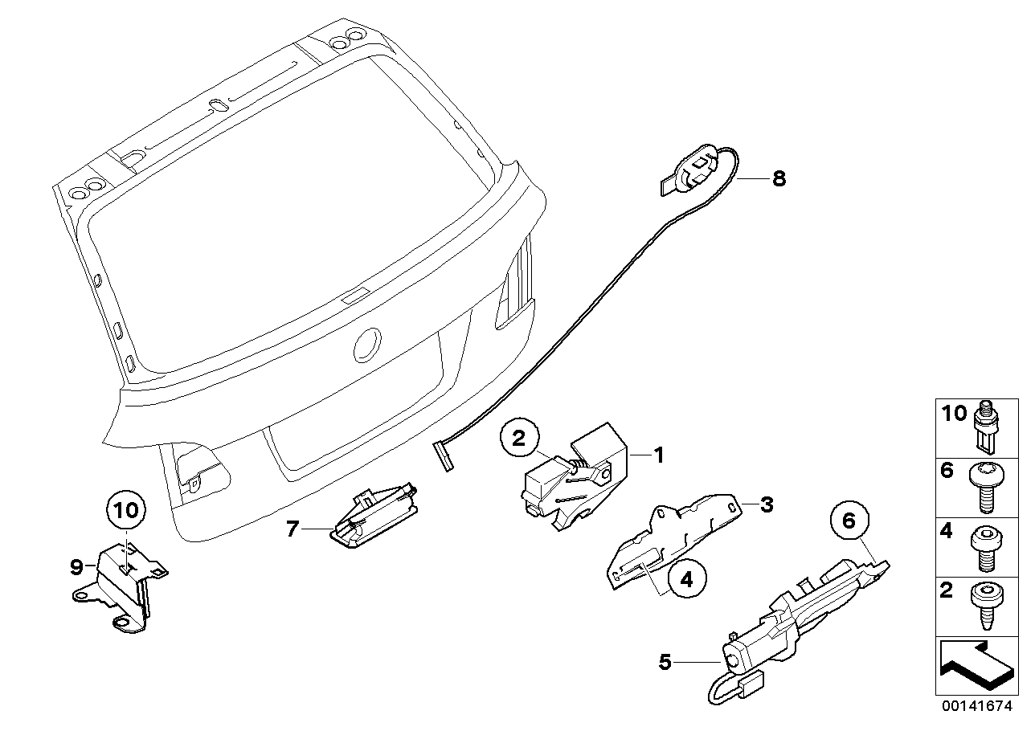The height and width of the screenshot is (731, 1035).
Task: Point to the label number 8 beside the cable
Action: (x=778, y=179)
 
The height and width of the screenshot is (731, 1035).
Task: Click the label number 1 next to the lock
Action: (x=659, y=455)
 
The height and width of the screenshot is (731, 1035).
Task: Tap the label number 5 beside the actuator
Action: (x=664, y=663)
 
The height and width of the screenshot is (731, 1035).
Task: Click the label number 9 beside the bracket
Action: (x=77, y=568)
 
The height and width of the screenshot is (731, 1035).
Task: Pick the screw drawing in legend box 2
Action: (x=985, y=605)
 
